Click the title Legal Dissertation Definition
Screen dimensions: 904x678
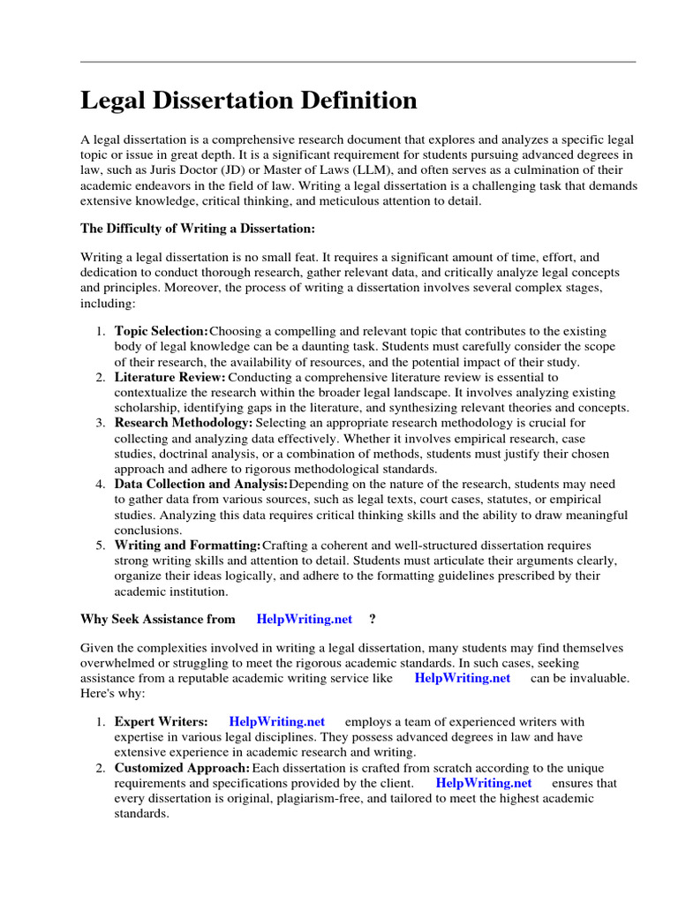coord(249,101)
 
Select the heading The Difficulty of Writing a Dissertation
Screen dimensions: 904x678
coord(197,229)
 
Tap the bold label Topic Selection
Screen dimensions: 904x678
coord(162,331)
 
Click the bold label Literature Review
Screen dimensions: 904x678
coord(170,377)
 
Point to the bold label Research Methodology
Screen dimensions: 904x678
coord(183,423)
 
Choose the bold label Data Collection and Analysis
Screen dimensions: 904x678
coord(201,485)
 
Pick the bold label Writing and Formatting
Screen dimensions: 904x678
coord(188,546)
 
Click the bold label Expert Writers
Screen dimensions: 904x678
coord(162,722)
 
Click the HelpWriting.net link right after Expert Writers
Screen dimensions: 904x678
coord(276,722)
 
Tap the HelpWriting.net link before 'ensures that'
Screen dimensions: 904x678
coord(484,783)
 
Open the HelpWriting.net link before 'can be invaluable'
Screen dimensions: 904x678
coord(463,678)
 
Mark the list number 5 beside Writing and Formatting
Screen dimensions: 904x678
coord(100,546)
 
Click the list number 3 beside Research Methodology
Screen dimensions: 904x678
coord(100,423)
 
